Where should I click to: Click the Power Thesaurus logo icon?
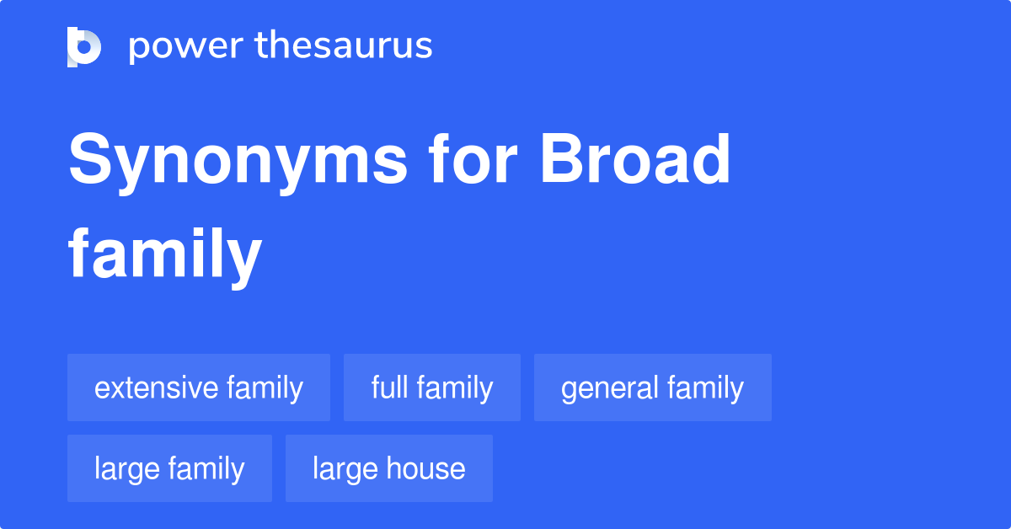(84, 47)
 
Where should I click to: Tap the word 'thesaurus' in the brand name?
(344, 45)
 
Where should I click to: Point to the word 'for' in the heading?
(473, 158)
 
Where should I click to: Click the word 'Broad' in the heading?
(634, 158)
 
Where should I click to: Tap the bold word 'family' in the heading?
(165, 256)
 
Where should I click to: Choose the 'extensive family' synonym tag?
(199, 387)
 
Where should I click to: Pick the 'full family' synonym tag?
(432, 387)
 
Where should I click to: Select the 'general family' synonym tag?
(653, 387)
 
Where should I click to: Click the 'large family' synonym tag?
(169, 468)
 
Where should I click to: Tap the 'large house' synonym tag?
(389, 468)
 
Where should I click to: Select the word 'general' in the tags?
(610, 389)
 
